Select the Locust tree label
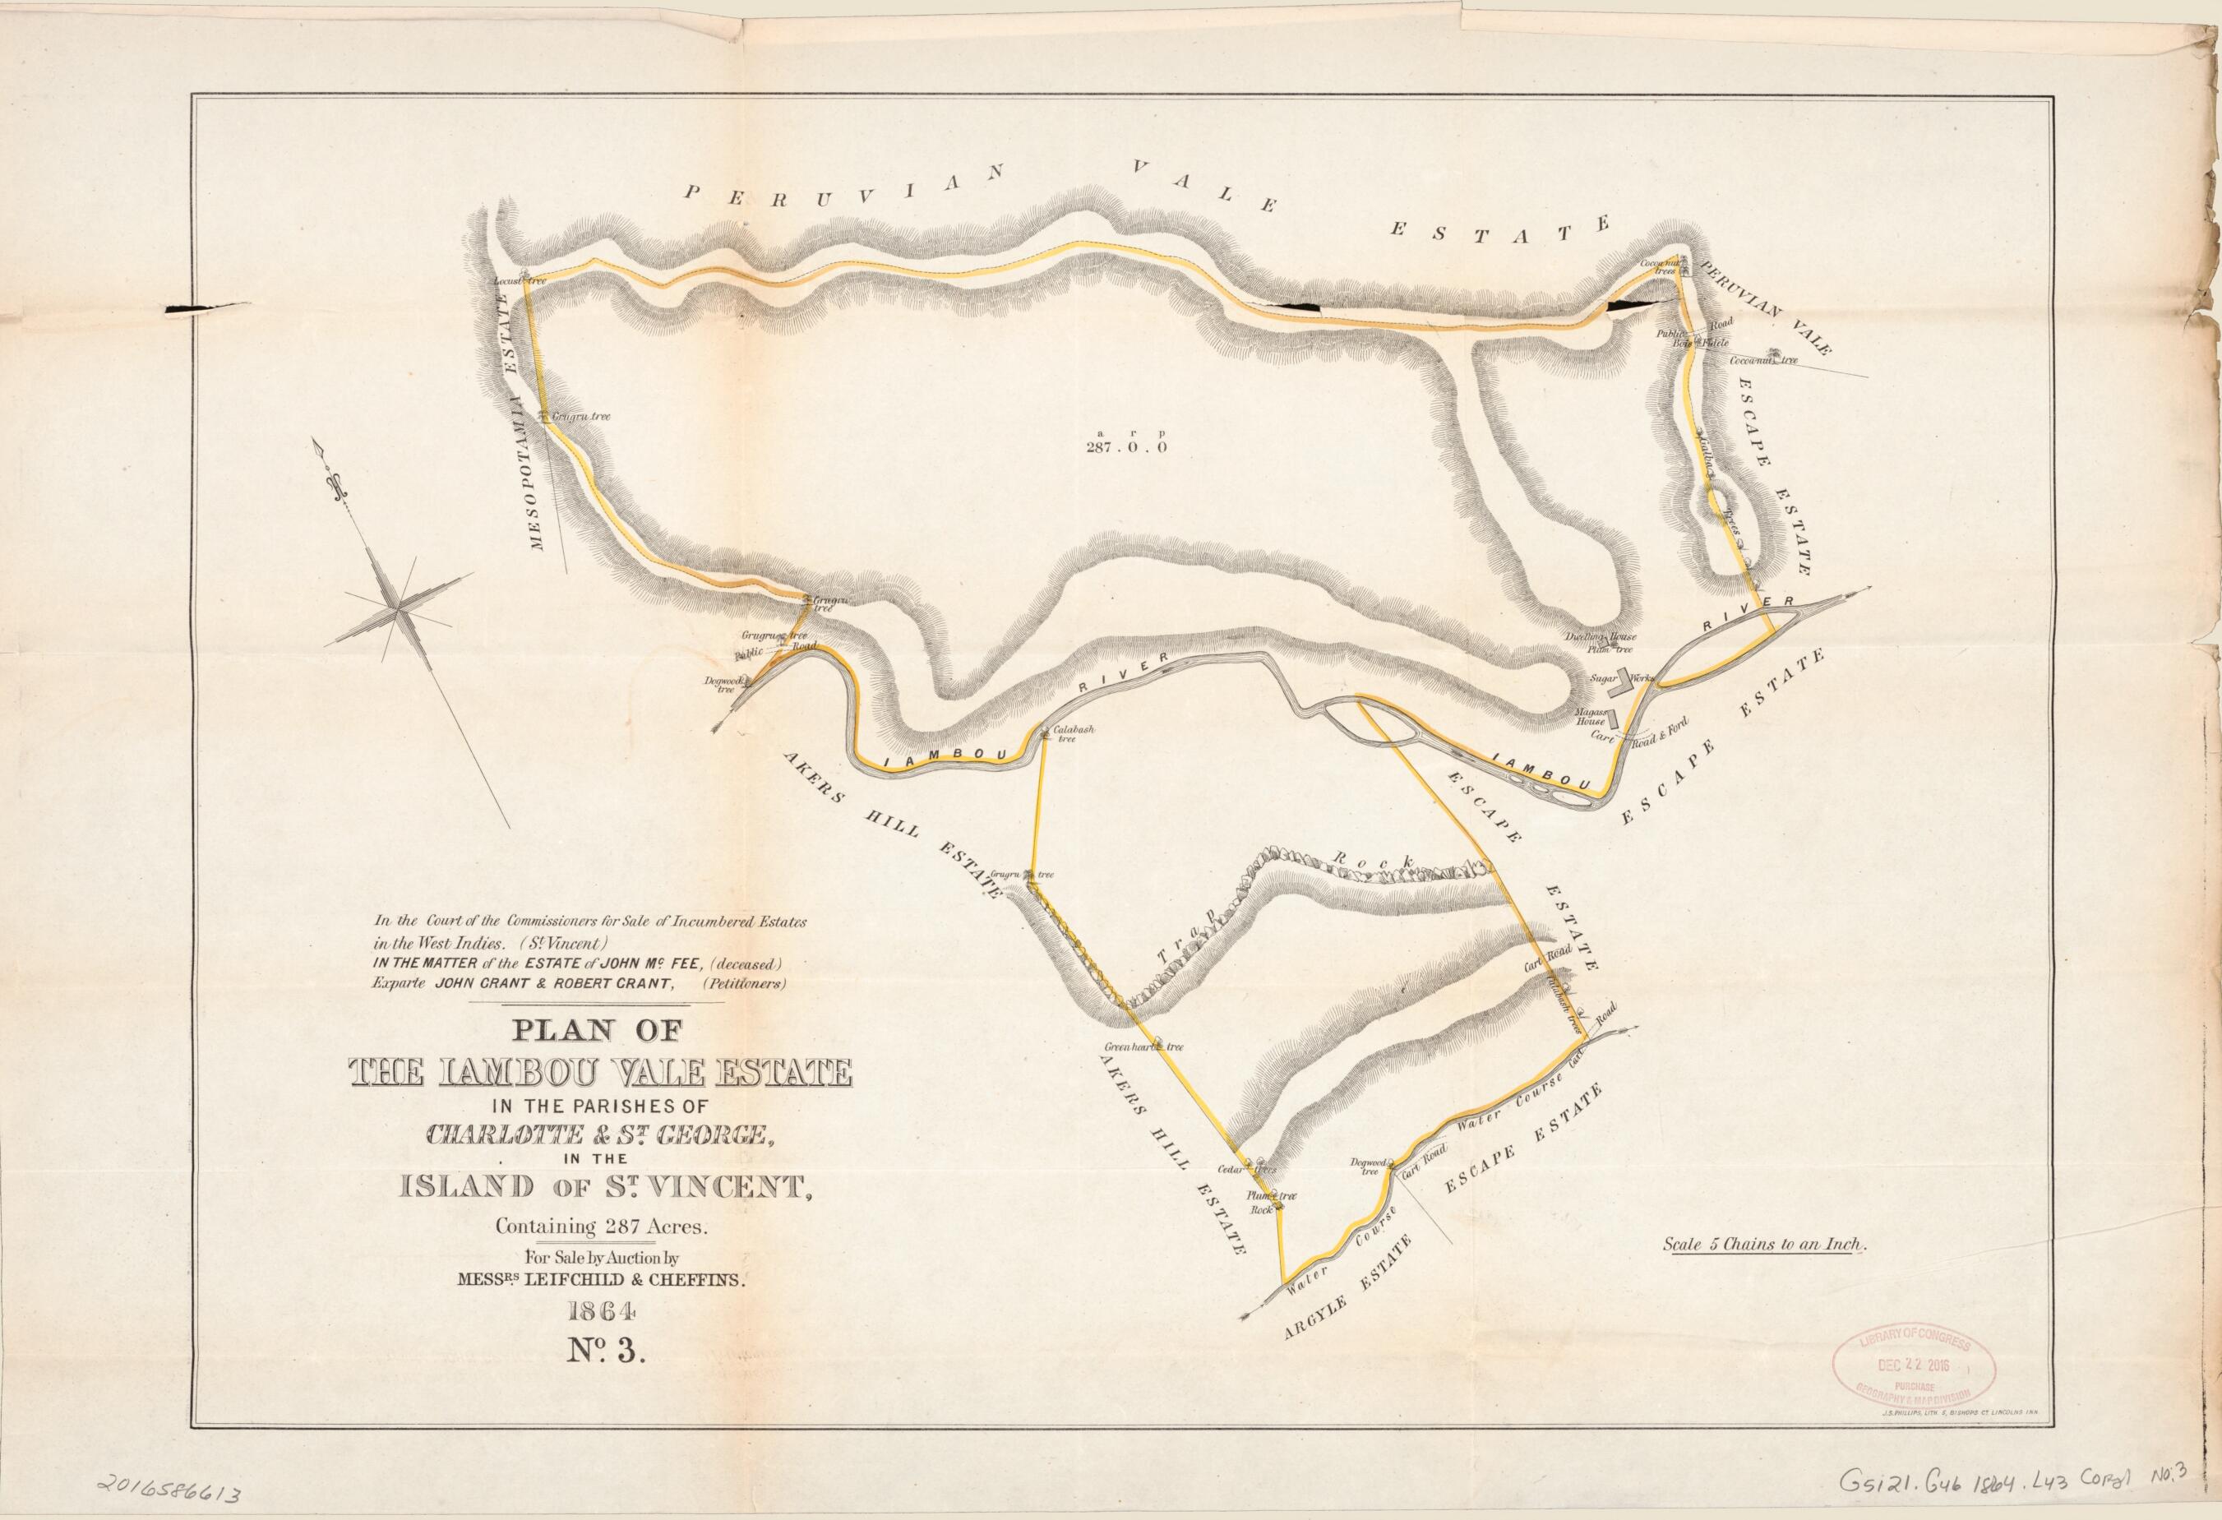pyautogui.click(x=520, y=282)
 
